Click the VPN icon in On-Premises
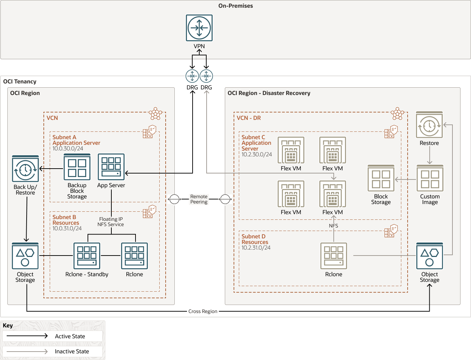[199, 28]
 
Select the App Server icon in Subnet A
[111, 167]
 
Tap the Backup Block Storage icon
[77, 167]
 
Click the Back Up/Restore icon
[25, 169]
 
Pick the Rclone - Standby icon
[87, 256]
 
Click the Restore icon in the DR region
[429, 125]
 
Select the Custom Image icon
[430, 178]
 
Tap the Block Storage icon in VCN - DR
[381, 178]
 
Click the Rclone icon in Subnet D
[334, 256]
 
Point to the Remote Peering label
[199, 199]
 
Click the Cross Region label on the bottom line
[203, 311]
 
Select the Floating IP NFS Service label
[111, 222]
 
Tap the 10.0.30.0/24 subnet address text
[68, 149]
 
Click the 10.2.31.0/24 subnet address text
[256, 248]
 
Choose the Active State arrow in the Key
[27, 336]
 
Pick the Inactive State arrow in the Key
[27, 351]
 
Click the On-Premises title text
[235, 6]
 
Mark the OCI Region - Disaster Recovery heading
[269, 93]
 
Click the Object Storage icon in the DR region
[430, 256]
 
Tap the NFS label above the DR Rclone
[333, 226]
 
